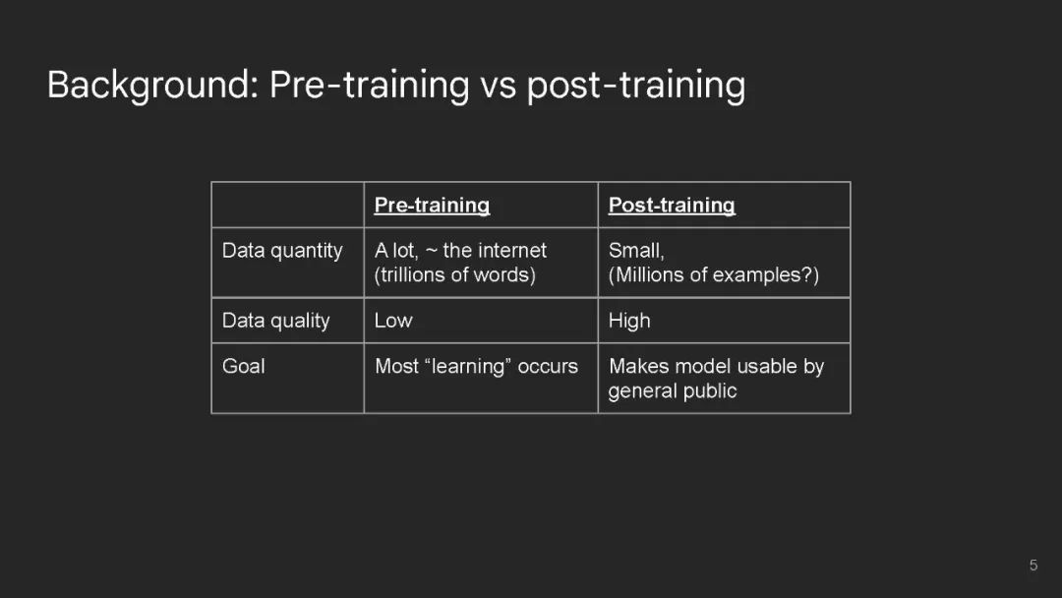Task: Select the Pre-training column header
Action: (x=432, y=206)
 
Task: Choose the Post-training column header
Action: (x=672, y=206)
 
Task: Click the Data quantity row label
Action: (x=282, y=251)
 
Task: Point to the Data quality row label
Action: (x=275, y=321)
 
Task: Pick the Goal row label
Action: (x=243, y=367)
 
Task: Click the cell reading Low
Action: (x=392, y=321)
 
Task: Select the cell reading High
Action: (x=629, y=321)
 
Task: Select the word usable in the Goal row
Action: (x=767, y=367)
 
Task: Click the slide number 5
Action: (x=1033, y=565)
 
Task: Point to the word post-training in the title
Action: (x=636, y=87)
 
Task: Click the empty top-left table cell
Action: (x=288, y=205)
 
